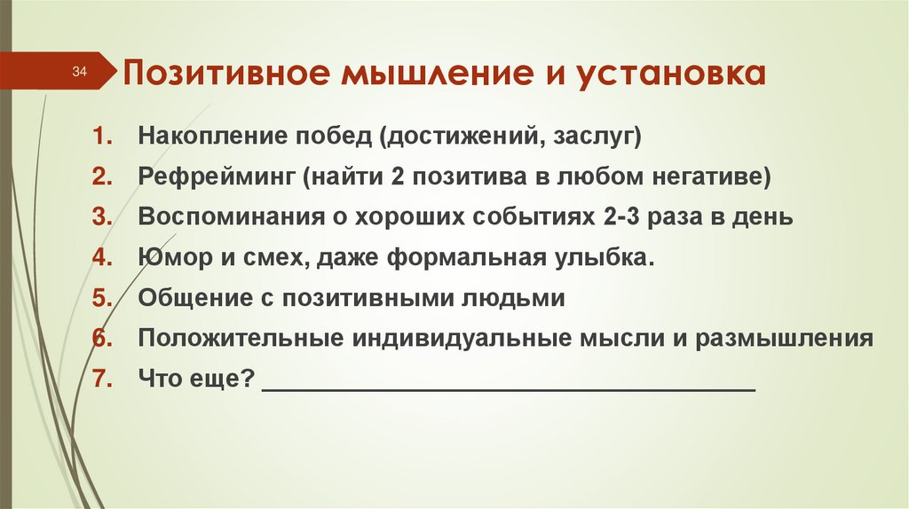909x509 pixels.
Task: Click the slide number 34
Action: pyautogui.click(x=79, y=72)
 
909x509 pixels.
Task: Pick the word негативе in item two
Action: pyautogui.click(x=710, y=177)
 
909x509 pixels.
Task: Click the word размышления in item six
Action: pyautogui.click(x=786, y=339)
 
